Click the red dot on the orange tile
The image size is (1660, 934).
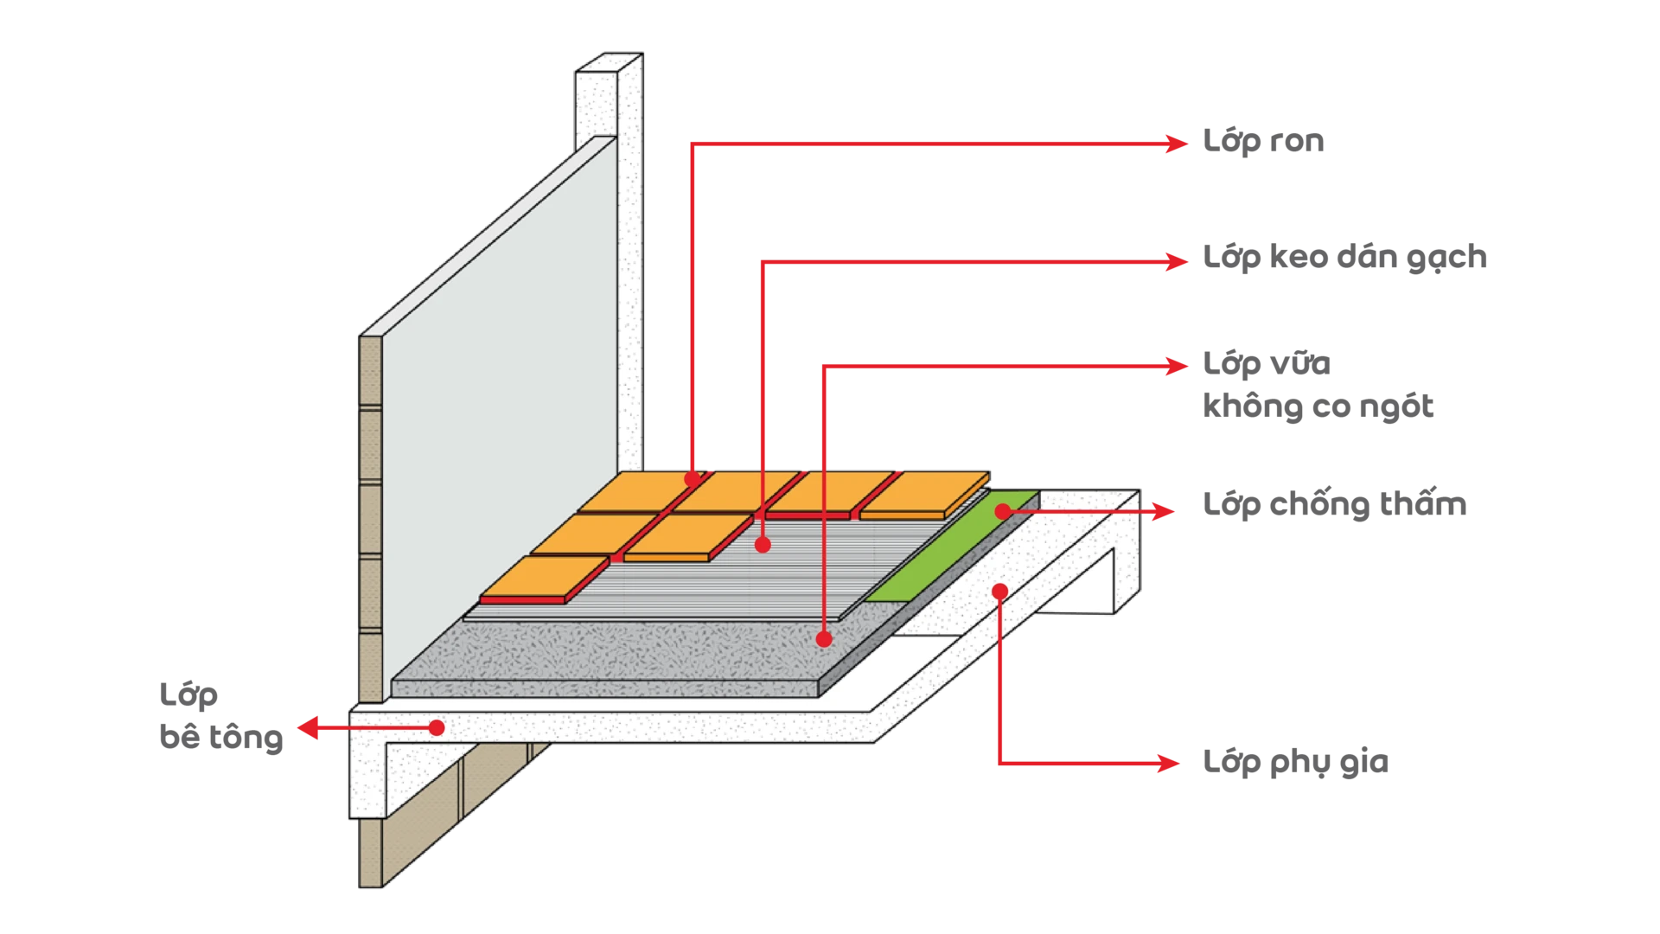692,478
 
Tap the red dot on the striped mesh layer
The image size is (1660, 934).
763,544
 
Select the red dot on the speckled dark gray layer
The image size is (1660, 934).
824,639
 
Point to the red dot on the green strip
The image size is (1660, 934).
1002,512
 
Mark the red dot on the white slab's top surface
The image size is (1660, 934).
999,592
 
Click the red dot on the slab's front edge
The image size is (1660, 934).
437,728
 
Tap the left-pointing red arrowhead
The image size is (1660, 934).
305,728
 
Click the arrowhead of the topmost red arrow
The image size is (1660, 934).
1178,144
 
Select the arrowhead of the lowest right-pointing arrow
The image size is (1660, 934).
1171,764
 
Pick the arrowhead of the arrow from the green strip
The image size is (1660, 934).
1163,512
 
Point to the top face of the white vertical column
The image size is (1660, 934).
610,65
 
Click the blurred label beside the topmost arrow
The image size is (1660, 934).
1265,141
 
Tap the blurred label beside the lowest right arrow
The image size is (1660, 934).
1295,762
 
